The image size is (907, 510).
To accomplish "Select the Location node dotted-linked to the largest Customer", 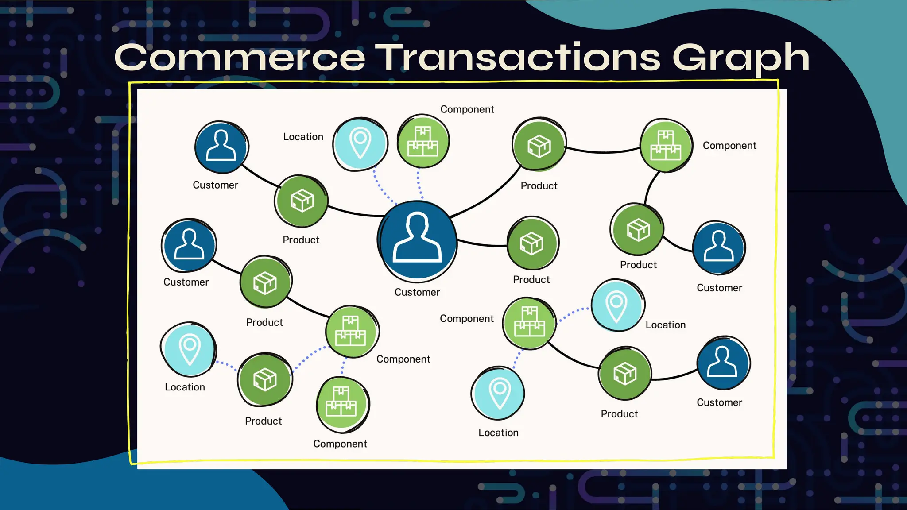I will point(360,143).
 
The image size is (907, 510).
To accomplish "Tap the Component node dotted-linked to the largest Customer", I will point(423,141).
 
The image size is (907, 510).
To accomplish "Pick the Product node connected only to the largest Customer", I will point(533,243).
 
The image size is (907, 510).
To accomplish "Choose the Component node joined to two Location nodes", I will point(529,323).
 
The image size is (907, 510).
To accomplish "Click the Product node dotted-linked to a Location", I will point(265,379).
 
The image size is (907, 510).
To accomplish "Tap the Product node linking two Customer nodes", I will point(301,201).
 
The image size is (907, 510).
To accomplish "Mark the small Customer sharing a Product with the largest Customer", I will point(221,147).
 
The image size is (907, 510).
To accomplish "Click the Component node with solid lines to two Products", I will point(666,145).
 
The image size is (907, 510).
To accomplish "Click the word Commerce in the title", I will point(240,58).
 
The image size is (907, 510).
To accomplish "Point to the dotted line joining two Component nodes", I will point(343,366).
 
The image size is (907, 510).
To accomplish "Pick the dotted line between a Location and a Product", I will point(226,365).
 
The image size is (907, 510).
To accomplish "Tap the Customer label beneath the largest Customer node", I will point(417,292).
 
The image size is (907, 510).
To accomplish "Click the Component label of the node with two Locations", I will point(466,319).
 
